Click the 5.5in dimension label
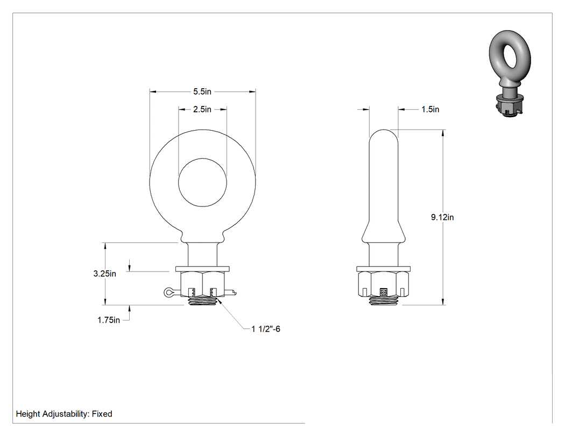coord(202,91)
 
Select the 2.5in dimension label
coord(202,109)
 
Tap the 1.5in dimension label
coord(430,109)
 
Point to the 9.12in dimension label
coord(442,217)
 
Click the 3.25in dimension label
coord(104,274)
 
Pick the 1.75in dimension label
coord(109,320)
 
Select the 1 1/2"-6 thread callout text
coord(266,328)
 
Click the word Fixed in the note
coord(102,413)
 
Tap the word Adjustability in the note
coord(65,414)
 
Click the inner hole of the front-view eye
coord(202,182)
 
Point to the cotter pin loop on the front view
coord(168,292)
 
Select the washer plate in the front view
coord(202,269)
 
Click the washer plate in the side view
coord(383,269)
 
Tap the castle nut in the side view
coord(383,284)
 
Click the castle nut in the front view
coord(202,284)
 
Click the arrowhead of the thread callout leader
coord(220,302)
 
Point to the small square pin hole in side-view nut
coord(383,291)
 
